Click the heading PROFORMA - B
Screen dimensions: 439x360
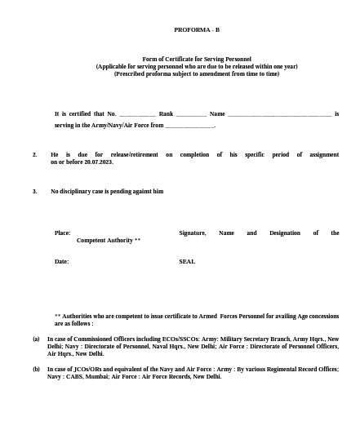(x=197, y=29)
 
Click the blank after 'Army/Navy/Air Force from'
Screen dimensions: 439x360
(x=189, y=126)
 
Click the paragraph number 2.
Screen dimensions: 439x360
(x=35, y=154)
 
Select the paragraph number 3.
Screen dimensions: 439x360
(x=35, y=191)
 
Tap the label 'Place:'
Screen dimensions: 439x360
(x=62, y=233)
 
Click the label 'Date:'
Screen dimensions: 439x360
(x=61, y=261)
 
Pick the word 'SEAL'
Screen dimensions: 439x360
(x=187, y=261)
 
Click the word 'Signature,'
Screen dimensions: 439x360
(x=192, y=233)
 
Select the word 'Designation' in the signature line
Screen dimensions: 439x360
(x=285, y=233)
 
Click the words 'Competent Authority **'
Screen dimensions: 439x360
(x=109, y=241)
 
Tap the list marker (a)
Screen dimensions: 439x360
(x=36, y=338)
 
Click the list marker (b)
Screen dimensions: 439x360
(x=36, y=369)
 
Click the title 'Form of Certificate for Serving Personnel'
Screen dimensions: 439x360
(x=197, y=59)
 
